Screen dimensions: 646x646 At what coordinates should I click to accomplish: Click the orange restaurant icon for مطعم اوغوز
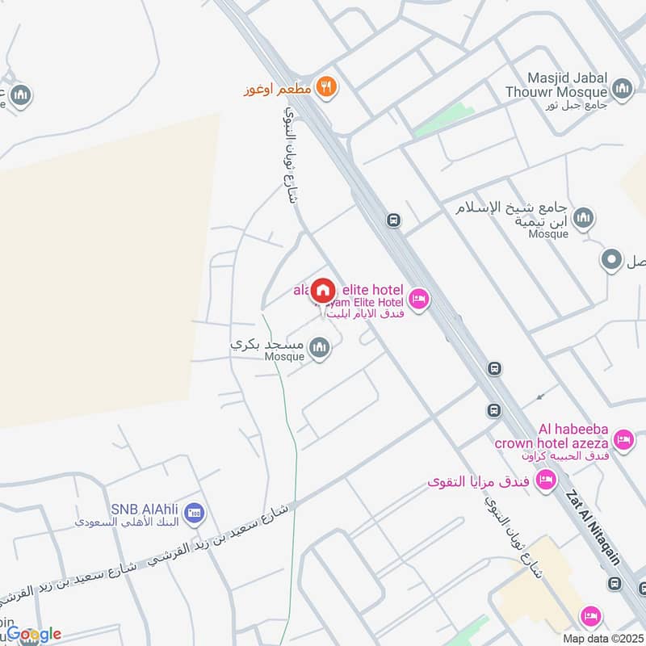(x=325, y=87)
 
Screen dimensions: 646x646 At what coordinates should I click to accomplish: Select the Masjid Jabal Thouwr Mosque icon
(x=622, y=89)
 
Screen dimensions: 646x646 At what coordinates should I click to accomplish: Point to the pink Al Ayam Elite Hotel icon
(x=418, y=300)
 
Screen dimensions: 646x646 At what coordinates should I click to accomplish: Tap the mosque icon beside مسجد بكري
(x=320, y=349)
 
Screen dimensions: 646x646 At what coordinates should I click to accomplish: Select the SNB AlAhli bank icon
(x=194, y=512)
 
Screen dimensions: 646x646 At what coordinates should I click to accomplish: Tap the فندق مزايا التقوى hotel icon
(x=547, y=481)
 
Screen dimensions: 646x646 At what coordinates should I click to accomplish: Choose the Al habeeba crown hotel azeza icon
(x=623, y=440)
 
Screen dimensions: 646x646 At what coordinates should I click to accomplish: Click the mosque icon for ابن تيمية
(x=583, y=217)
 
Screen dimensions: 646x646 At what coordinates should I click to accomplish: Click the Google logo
(x=32, y=634)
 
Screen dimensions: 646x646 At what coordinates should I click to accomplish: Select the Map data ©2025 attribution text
(x=602, y=638)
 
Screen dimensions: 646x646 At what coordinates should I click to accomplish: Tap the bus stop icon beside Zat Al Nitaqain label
(x=615, y=583)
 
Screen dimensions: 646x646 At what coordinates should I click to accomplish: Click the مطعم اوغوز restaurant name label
(x=278, y=88)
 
